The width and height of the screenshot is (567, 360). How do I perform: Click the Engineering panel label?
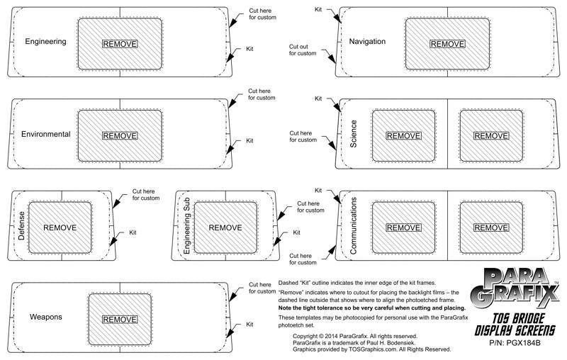pos(45,42)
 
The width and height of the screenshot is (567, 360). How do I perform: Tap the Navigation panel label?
pos(367,42)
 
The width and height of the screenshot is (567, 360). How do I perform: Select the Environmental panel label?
pos(46,134)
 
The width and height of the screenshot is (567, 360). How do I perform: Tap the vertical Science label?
pos(353,134)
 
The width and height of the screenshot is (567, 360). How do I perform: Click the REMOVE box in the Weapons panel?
pos(120,320)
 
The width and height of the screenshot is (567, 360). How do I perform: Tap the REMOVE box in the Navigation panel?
pos(447,44)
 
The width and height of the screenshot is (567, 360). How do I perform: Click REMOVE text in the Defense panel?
pos(60,227)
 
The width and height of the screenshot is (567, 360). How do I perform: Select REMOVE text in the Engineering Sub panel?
pos(225,227)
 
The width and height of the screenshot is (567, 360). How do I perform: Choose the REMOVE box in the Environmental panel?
pos(120,135)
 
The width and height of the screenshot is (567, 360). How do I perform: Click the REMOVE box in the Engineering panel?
pos(120,44)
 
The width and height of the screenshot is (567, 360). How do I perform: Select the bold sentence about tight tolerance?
pos(372,308)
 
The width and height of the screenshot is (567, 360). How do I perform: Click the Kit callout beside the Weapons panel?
pos(249,324)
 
